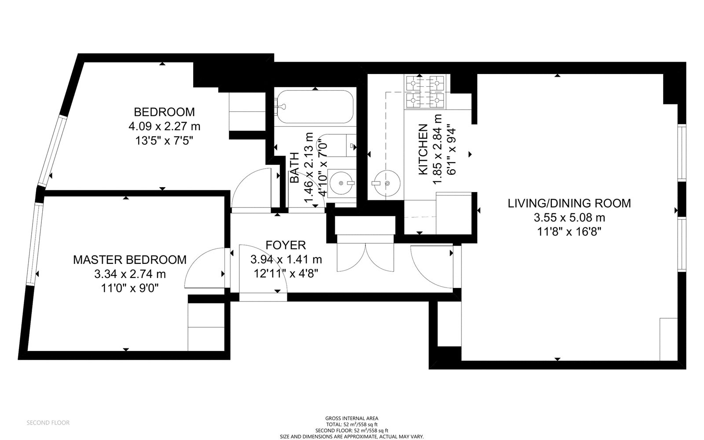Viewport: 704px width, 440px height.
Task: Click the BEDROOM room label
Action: tap(164, 112)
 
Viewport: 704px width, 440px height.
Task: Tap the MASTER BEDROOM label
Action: tap(130, 260)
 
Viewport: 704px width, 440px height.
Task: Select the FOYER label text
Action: tap(286, 245)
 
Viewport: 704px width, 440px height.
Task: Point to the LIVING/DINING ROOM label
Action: tap(569, 203)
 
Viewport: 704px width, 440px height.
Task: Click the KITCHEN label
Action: tap(423, 149)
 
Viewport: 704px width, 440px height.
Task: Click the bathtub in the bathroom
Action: tap(315, 107)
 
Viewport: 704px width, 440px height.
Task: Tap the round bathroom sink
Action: tap(341, 183)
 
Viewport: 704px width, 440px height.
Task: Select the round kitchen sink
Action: tap(387, 183)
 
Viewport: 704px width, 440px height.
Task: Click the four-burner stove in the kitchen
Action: tap(425, 92)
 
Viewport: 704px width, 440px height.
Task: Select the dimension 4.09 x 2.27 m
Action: tap(164, 126)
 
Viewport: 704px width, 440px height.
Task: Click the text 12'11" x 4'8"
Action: tap(286, 274)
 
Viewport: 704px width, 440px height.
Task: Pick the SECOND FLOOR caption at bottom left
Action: tap(48, 423)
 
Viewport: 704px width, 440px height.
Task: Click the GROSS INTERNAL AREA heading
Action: tap(352, 418)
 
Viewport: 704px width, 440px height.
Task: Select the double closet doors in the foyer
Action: tap(365, 258)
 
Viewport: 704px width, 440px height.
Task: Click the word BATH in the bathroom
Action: tap(294, 168)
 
